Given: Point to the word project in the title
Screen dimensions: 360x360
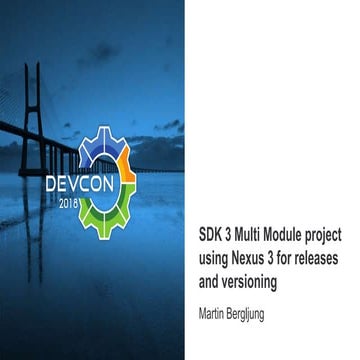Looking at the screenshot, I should point(324,235).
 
